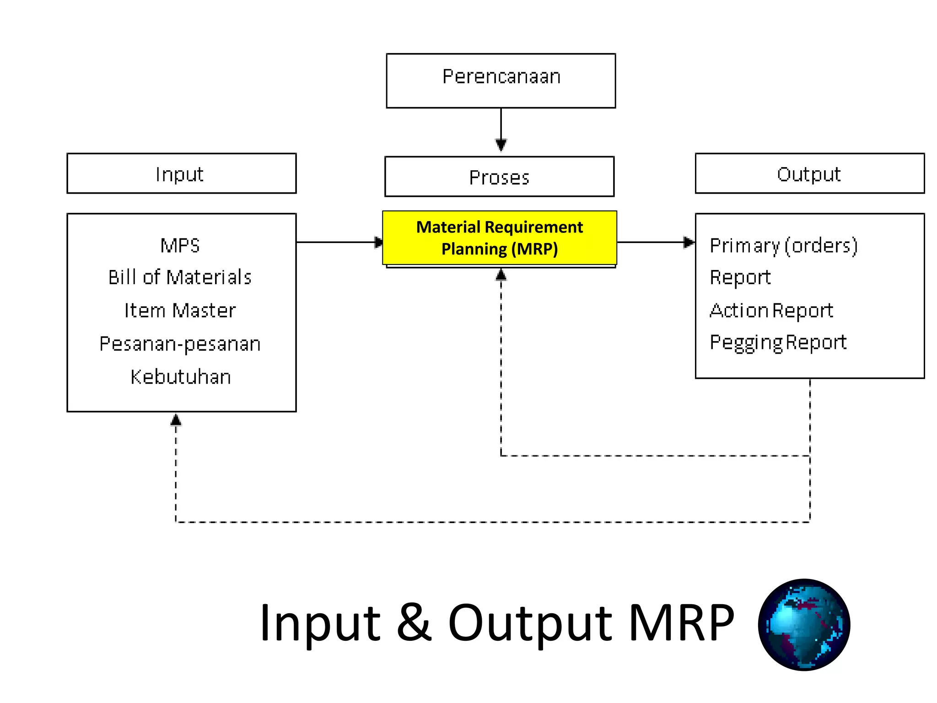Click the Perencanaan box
[x=501, y=81]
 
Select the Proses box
[x=499, y=177]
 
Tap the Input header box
[x=181, y=173]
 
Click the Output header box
[x=809, y=173]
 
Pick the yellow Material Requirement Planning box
[x=499, y=238]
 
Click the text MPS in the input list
[x=180, y=246]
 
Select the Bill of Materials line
[x=180, y=277]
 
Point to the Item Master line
[x=180, y=311]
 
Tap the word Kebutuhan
[x=180, y=377]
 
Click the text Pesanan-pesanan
[x=180, y=344]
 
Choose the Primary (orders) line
[x=783, y=246]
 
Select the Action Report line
[x=771, y=311]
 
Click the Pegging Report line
[x=778, y=343]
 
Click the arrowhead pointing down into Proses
[x=501, y=145]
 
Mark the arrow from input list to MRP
[x=339, y=242]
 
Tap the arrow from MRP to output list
[x=655, y=242]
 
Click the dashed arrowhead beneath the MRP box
[x=501, y=275]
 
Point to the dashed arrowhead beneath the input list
[x=176, y=420]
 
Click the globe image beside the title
[x=804, y=625]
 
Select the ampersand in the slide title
[x=414, y=623]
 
